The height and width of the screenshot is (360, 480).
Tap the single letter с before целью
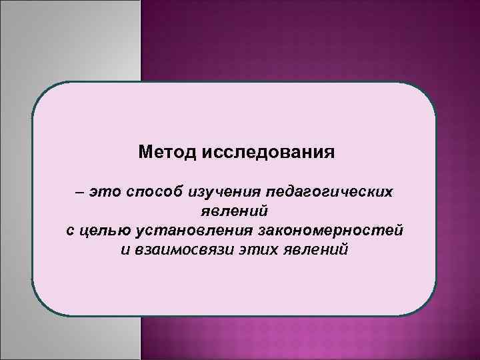71,231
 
